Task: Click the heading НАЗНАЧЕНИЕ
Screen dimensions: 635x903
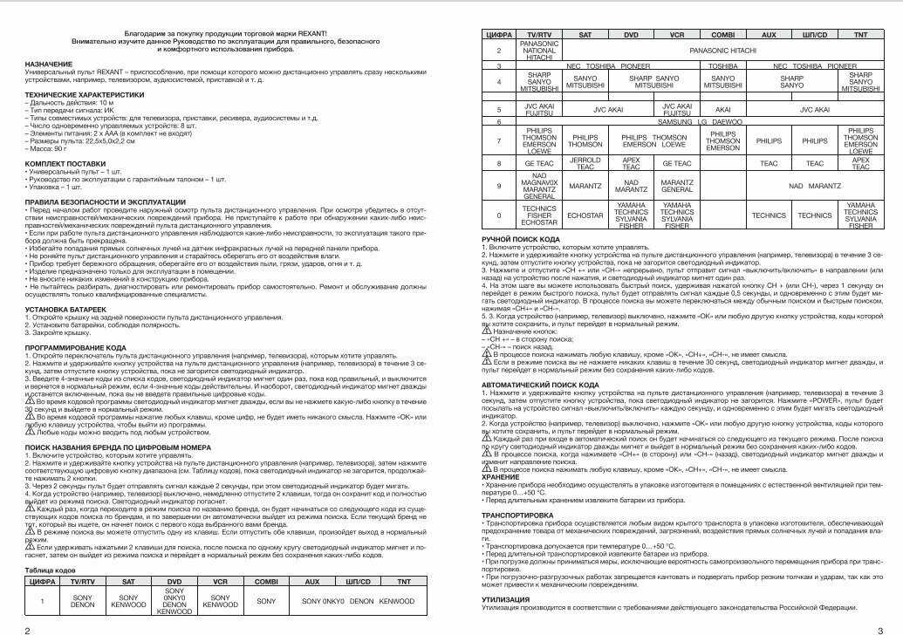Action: coord(49,64)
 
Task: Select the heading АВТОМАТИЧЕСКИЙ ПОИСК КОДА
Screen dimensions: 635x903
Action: coord(539,384)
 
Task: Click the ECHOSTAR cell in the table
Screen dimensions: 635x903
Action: coord(585,215)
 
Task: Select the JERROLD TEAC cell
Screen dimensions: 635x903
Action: coord(585,163)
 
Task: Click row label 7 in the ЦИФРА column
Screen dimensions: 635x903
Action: coord(499,140)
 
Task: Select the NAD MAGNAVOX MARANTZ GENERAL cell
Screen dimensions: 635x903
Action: coord(538,187)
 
